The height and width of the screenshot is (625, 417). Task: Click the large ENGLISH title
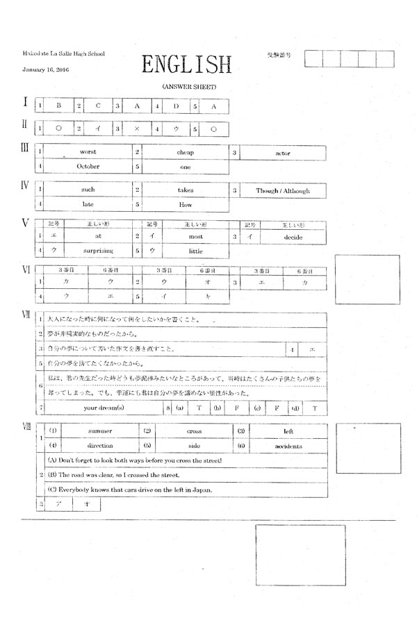186,65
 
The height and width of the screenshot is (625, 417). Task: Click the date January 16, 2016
45,70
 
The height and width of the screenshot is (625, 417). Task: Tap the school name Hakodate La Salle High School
63,53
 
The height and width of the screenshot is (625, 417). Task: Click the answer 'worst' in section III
88,151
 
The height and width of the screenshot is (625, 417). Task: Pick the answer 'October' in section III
88,167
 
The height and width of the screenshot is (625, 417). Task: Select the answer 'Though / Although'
283,190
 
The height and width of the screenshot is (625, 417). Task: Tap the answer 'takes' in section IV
186,190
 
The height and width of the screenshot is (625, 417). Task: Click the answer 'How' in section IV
186,205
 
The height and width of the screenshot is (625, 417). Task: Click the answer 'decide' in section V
293,237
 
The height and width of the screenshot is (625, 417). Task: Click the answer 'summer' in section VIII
99,431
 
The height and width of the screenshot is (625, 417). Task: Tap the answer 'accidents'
288,446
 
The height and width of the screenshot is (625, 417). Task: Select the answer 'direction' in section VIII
99,446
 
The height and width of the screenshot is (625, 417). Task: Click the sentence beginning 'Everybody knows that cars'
130,490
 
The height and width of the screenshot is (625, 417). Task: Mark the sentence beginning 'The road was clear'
115,475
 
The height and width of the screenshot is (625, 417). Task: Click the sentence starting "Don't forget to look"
134,460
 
